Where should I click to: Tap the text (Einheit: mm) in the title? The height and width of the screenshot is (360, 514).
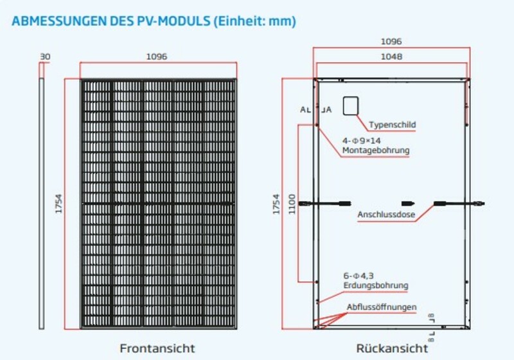pyautogui.click(x=255, y=21)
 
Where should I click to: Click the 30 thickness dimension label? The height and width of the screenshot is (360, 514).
pyautogui.click(x=44, y=57)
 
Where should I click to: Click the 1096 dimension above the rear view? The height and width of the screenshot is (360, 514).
pyautogui.click(x=391, y=41)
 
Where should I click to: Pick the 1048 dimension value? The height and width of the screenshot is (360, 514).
pyautogui.click(x=391, y=57)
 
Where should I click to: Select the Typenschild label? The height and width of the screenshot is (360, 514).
pyautogui.click(x=393, y=125)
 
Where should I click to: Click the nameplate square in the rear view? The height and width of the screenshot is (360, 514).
pyautogui.click(x=350, y=105)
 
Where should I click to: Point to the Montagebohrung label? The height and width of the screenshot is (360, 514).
pyautogui.click(x=375, y=150)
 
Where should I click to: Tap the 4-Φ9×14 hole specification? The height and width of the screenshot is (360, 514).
pyautogui.click(x=361, y=140)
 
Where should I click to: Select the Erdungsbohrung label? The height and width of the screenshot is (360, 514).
pyautogui.click(x=375, y=285)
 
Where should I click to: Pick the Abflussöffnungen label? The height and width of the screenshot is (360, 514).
pyautogui.click(x=381, y=307)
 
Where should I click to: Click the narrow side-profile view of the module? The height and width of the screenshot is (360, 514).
pyautogui.click(x=42, y=203)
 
